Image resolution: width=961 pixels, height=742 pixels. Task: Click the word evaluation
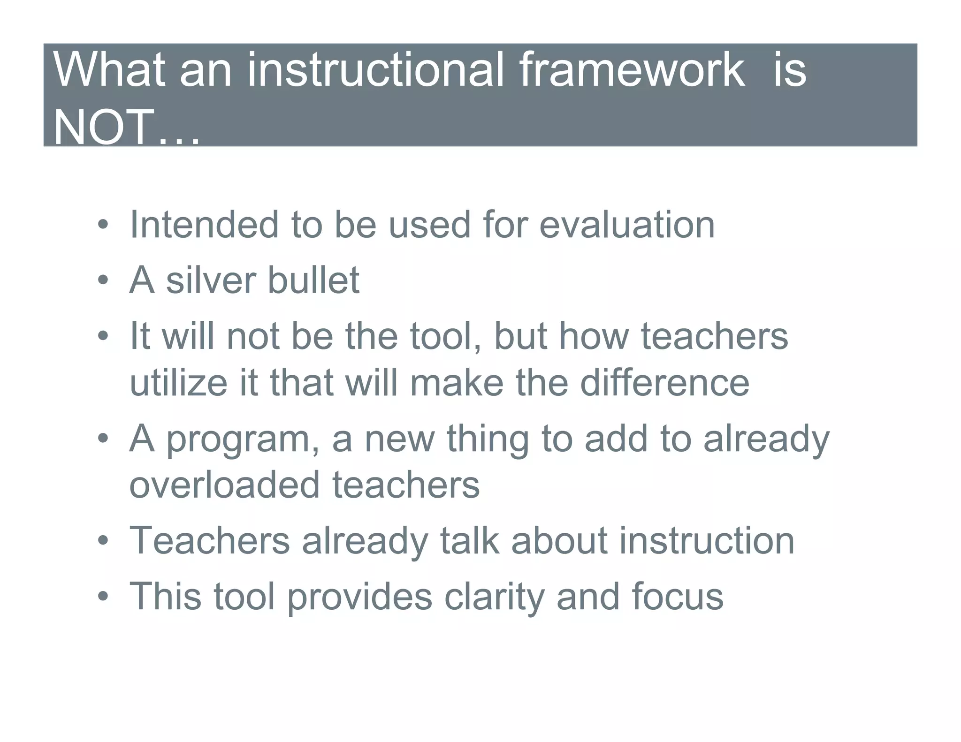coord(627,225)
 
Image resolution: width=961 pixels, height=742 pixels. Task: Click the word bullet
coord(313,280)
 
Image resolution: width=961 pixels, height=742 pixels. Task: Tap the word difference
coord(664,383)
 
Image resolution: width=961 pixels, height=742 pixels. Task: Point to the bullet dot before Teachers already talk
coord(103,541)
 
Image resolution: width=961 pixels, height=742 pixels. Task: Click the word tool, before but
coord(445,337)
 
